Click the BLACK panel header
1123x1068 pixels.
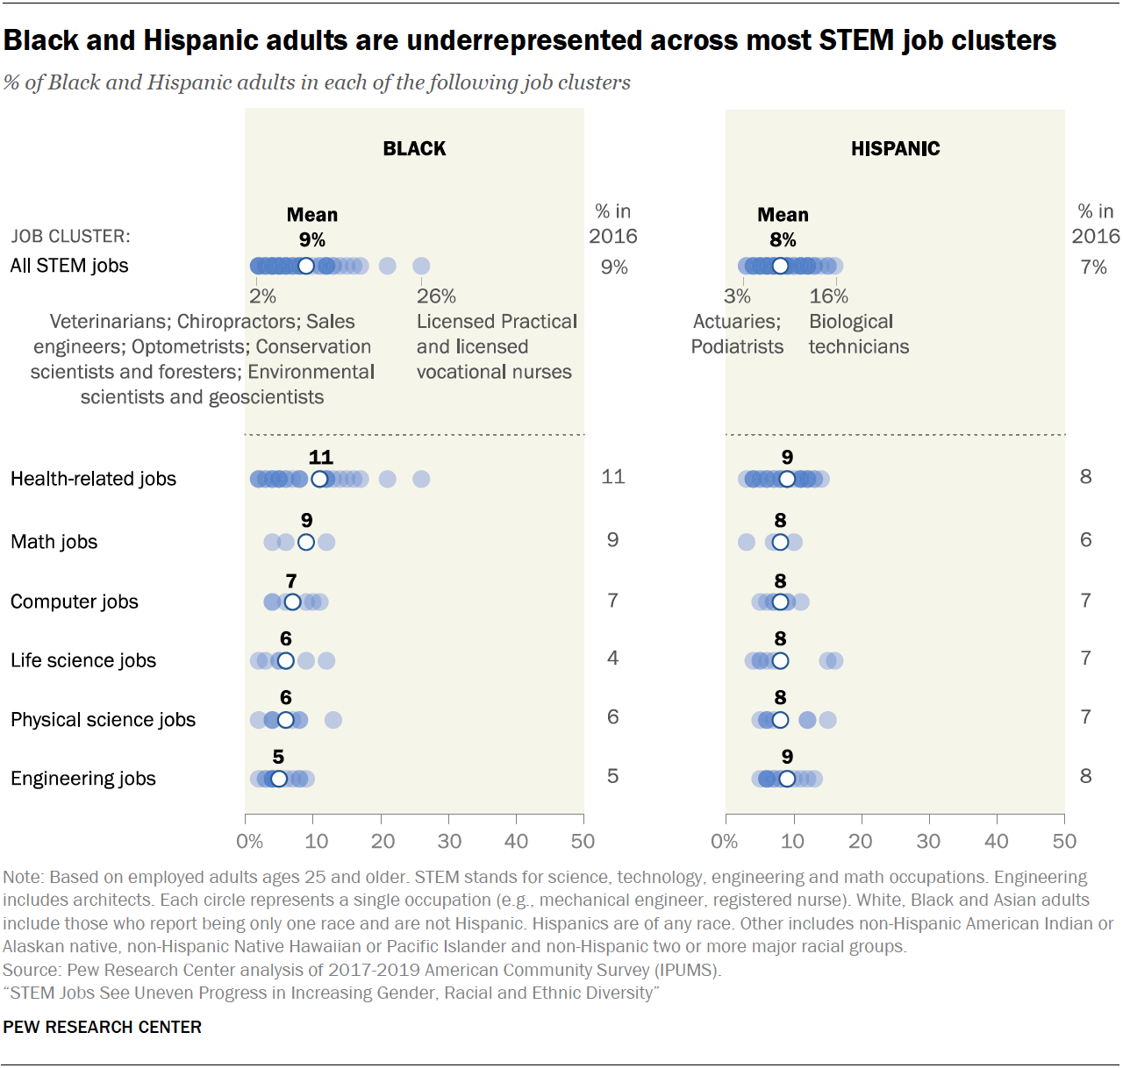pos(414,149)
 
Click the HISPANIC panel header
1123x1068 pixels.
pos(895,149)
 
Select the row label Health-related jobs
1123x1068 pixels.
pos(93,479)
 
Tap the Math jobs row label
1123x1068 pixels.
pos(54,542)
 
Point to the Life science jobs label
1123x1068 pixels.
pos(83,660)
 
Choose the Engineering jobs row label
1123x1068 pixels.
pos(83,779)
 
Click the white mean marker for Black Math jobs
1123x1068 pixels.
pos(306,542)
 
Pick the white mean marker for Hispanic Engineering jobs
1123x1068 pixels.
pos(787,779)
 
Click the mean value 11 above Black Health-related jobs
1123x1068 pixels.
pos(321,457)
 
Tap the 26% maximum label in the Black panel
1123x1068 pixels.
pos(436,296)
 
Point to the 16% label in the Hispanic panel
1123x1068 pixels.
pos(828,296)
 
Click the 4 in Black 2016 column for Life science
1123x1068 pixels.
pos(612,658)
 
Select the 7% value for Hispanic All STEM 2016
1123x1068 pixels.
pos(1093,267)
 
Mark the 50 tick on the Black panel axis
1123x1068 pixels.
pos(583,842)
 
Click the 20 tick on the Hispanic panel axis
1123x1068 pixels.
pos(861,842)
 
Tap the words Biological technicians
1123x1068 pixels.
pos(858,334)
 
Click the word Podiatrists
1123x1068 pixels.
pos(737,347)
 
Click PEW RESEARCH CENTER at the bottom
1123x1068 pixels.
pos(102,1027)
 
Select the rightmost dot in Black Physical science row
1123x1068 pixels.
pos(333,720)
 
